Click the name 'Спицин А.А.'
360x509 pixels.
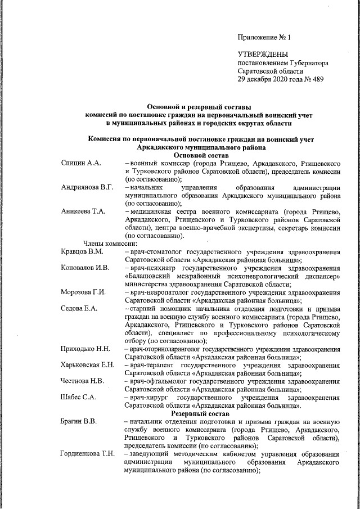81,163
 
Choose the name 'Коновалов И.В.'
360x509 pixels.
85,268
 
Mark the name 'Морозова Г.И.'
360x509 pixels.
85,292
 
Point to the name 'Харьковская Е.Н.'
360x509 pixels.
88,365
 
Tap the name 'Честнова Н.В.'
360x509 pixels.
83,381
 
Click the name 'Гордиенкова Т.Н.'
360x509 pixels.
89,454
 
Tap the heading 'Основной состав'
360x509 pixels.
201,155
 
